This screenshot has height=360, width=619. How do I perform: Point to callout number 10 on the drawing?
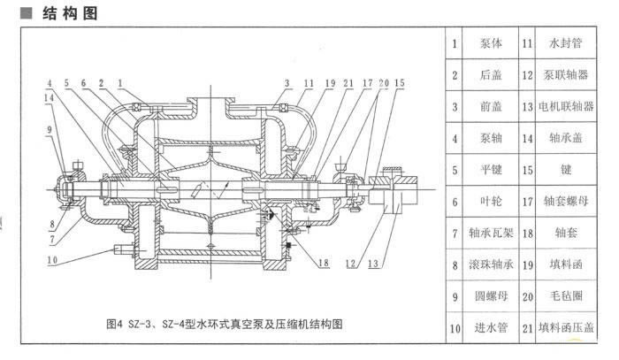click(52, 260)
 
